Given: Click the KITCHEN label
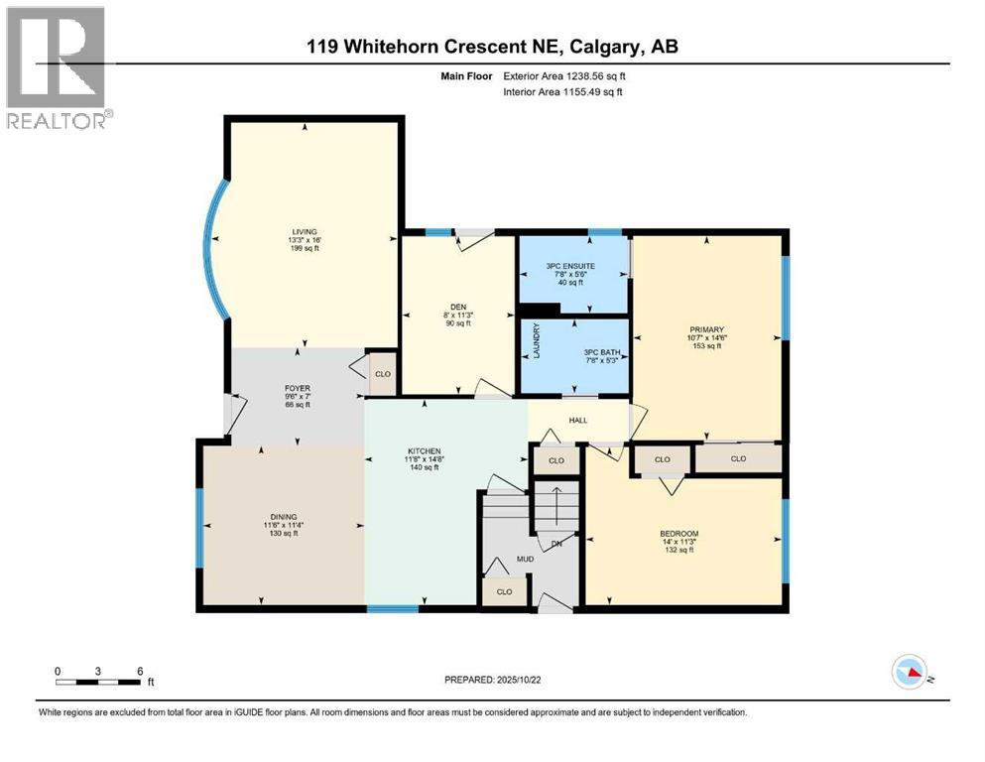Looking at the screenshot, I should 423,451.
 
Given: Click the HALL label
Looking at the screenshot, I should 578,421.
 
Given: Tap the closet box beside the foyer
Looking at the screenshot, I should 382,375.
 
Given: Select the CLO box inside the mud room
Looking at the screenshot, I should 503,592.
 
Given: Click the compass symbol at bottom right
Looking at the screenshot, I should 909,673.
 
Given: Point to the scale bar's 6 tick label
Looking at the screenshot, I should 140,670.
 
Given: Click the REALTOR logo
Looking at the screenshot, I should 57,66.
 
